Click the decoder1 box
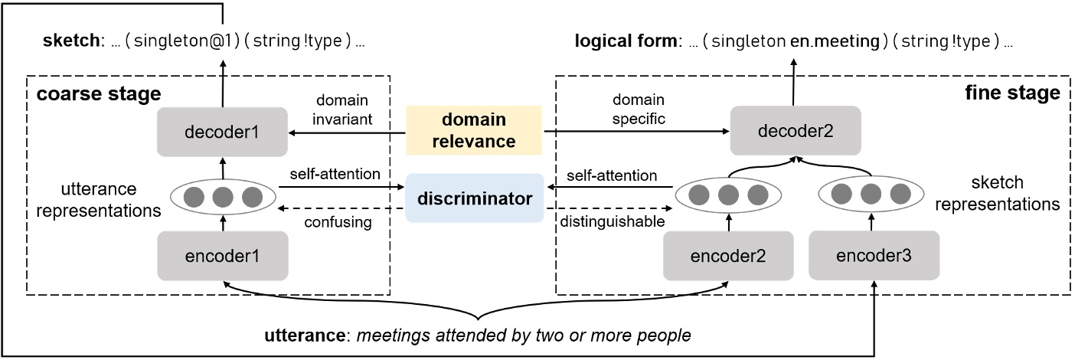(x=222, y=132)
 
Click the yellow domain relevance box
(x=474, y=131)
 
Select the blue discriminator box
(x=474, y=198)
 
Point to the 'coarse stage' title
(x=98, y=94)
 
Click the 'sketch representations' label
(x=1011, y=195)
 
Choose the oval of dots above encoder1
(x=222, y=198)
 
